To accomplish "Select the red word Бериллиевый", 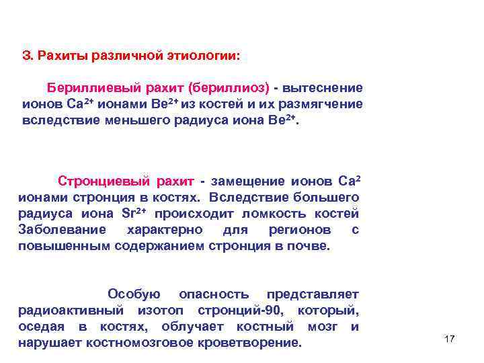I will point(83,88).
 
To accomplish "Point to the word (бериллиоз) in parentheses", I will point(229,88).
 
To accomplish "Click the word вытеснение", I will point(323,88).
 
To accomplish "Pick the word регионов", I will point(299,230).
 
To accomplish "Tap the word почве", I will point(311,246).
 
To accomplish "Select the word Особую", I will point(134,294).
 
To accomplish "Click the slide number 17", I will point(450,339).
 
